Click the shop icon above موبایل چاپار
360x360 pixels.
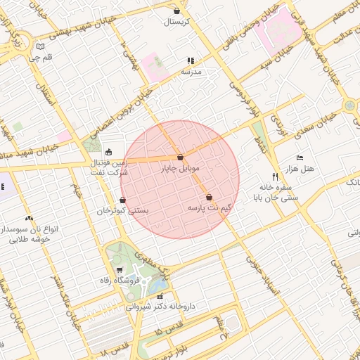click(x=180, y=157)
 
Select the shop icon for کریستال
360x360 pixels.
click(x=176, y=11)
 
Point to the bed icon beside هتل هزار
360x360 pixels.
click(x=300, y=157)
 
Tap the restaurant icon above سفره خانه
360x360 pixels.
click(x=275, y=176)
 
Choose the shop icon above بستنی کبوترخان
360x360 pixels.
click(x=123, y=200)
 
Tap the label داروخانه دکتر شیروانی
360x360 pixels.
click(x=160, y=307)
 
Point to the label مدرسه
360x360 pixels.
click(x=191, y=72)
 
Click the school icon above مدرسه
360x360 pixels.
click(x=190, y=61)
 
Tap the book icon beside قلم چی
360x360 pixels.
click(x=40, y=48)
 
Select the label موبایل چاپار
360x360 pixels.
click(x=181, y=169)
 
